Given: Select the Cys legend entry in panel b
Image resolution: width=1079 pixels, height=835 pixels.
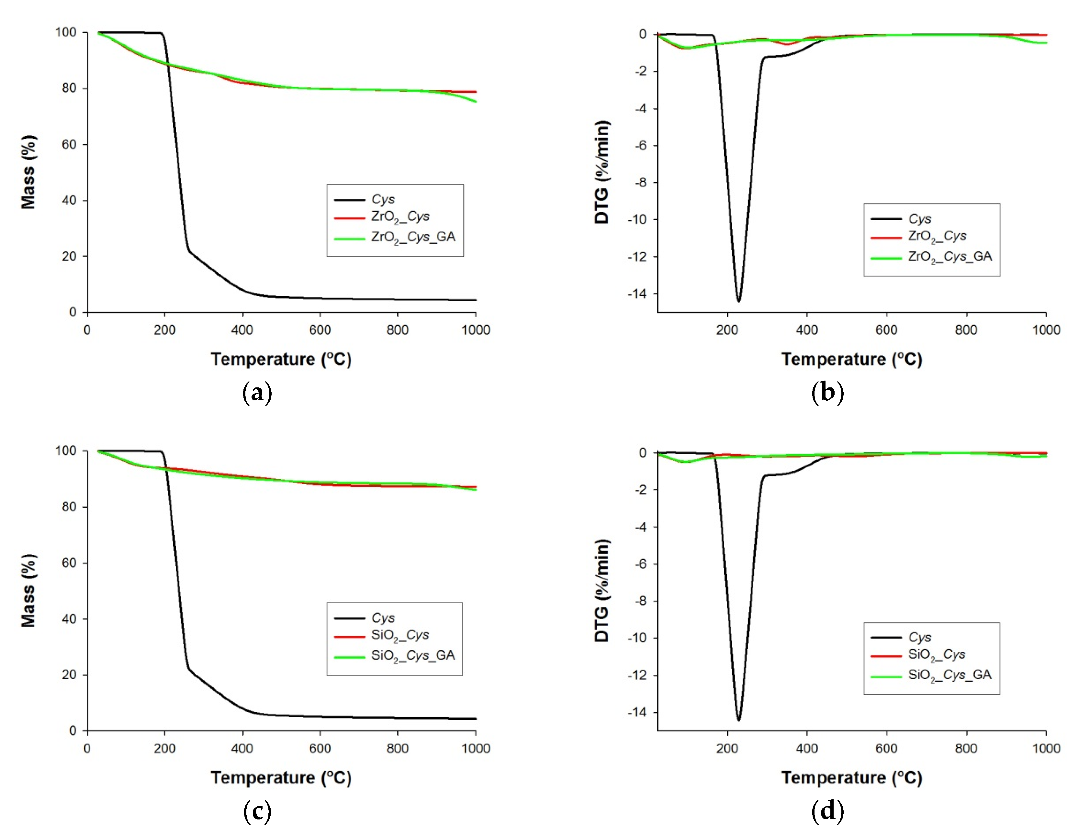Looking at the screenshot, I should [919, 219].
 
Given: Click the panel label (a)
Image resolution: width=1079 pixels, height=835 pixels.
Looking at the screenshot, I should [257, 393].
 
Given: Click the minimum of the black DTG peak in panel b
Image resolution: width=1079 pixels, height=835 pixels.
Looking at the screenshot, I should [739, 301].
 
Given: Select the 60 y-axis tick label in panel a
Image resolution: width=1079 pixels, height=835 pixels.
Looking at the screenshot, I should [69, 145].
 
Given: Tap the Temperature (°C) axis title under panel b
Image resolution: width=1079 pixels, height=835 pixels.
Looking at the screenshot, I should [851, 359].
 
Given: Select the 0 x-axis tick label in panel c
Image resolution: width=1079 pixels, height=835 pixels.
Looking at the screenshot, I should [87, 749].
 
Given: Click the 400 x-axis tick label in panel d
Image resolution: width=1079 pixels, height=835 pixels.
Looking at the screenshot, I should [807, 749].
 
